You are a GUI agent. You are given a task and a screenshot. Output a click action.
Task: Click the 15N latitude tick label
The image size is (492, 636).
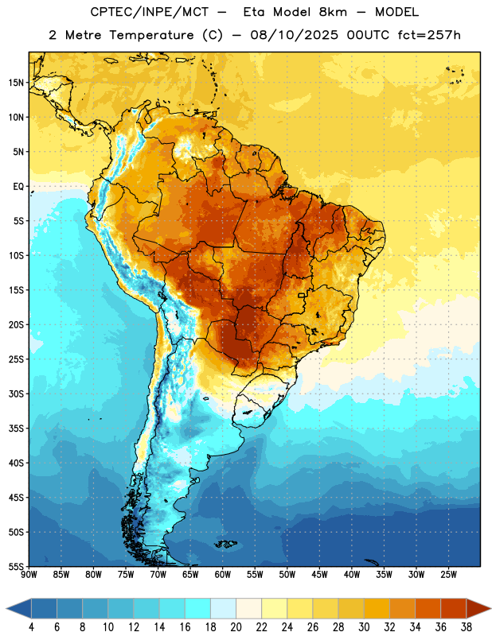click(17, 83)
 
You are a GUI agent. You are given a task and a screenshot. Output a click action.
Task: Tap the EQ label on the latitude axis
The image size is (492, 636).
click(18, 187)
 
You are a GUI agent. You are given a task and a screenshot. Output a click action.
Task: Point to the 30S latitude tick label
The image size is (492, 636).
click(17, 394)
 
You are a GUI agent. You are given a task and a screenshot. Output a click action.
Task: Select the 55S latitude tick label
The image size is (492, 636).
click(17, 567)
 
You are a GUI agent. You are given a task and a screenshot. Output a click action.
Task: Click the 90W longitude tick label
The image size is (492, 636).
click(29, 575)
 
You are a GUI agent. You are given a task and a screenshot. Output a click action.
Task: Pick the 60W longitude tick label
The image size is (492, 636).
click(223, 575)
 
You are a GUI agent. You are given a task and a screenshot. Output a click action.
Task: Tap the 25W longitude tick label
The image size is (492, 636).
click(448, 575)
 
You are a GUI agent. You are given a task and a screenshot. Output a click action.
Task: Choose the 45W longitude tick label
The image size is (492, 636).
click(319, 575)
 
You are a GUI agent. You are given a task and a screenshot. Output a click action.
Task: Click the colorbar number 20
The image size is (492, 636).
click(236, 627)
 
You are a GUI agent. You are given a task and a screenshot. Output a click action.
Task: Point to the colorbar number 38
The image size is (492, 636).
click(467, 627)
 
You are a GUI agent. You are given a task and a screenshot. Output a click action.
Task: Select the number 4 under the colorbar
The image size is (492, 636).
click(31, 627)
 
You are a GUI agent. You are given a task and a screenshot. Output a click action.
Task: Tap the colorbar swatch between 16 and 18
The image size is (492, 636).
click(197, 608)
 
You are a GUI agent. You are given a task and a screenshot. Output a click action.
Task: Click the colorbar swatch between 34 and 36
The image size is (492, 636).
click(428, 608)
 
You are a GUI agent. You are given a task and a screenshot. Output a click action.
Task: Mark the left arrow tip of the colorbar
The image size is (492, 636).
click(6, 608)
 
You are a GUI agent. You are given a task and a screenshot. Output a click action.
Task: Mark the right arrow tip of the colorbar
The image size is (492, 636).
click(491, 608)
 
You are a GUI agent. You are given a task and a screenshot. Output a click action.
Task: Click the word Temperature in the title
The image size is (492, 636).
click(151, 35)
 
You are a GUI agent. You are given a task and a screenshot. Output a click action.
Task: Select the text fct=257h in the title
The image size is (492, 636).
click(429, 35)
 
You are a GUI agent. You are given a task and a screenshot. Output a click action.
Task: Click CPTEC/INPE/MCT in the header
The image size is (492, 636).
click(149, 12)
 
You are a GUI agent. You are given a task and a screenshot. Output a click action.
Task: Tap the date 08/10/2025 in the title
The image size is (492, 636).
click(294, 35)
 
